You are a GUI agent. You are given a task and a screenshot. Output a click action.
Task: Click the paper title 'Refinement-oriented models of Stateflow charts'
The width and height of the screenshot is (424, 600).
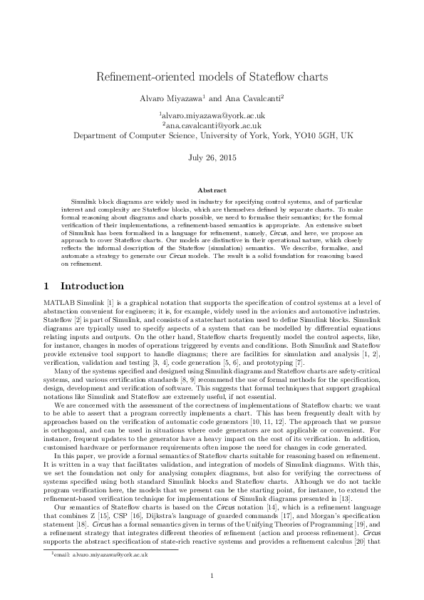tap(212, 76)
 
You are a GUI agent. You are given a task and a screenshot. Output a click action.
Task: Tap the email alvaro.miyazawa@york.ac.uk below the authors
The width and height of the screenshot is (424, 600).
tap(213, 115)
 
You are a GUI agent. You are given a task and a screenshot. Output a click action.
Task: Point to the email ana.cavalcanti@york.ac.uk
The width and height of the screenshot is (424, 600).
tap(213, 125)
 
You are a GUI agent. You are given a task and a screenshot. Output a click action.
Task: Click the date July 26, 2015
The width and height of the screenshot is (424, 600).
tap(212, 157)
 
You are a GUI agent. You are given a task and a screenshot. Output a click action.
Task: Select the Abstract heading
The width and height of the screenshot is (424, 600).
tap(212, 190)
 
